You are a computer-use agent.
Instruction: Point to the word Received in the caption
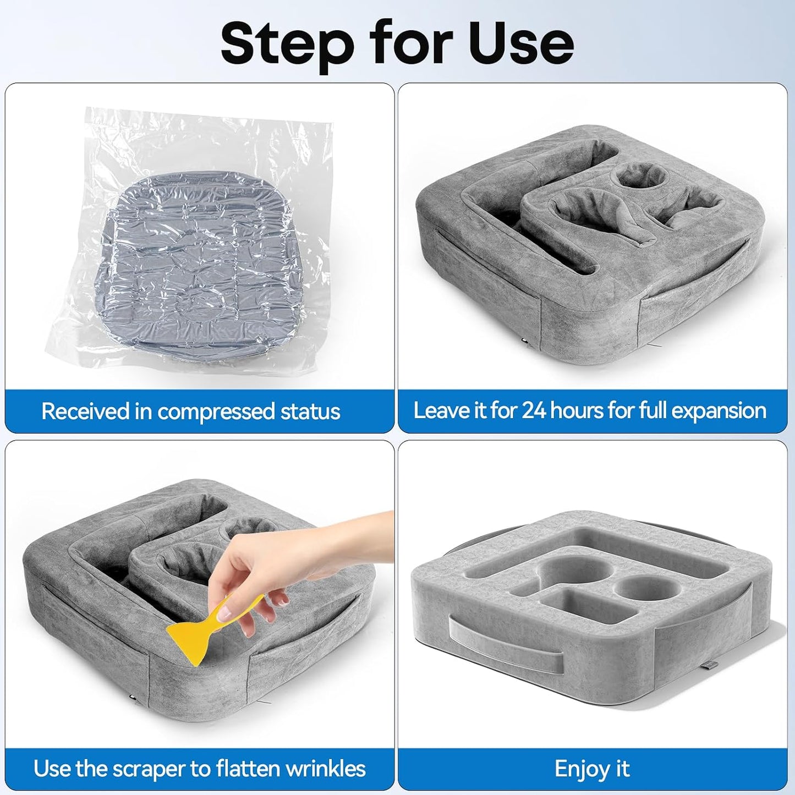tap(85, 411)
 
